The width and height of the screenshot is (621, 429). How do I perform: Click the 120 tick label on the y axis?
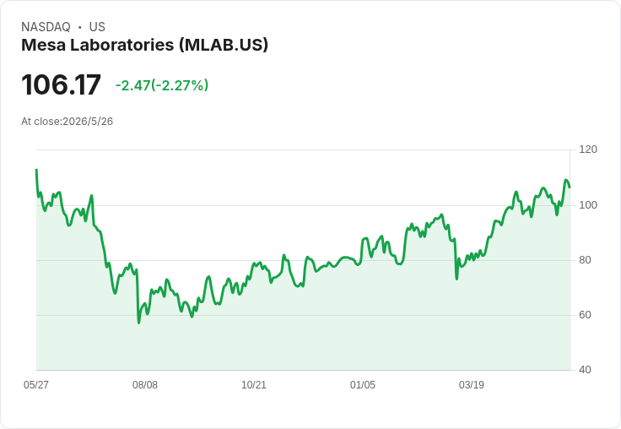point(588,149)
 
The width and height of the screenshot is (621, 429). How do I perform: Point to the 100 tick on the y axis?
point(588,205)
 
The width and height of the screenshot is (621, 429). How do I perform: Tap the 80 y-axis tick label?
point(585,260)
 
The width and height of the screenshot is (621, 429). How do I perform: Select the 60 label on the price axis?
point(585,315)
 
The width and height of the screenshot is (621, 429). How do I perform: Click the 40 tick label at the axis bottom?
point(585,370)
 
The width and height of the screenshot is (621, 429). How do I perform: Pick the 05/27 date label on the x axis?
point(36,384)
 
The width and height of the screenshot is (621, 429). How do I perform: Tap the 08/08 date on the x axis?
point(145,384)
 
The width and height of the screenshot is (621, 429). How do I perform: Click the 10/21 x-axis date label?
point(254,384)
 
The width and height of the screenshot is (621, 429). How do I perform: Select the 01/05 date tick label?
point(362,384)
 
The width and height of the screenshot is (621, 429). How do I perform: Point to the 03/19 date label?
point(472,384)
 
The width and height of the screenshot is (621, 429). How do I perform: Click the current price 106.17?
point(61,84)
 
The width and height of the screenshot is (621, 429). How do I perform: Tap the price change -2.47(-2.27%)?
point(162,85)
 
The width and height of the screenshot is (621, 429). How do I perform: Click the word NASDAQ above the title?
point(46,27)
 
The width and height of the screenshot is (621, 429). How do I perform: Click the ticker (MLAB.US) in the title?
point(224,45)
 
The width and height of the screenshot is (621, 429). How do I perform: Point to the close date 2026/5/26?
point(88,122)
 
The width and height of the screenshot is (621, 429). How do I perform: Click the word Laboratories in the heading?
point(122,45)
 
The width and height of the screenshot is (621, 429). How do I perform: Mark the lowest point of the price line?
point(138,323)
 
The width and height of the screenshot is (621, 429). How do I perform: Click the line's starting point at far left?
point(36,170)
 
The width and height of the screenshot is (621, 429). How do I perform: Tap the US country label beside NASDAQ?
point(97,27)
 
